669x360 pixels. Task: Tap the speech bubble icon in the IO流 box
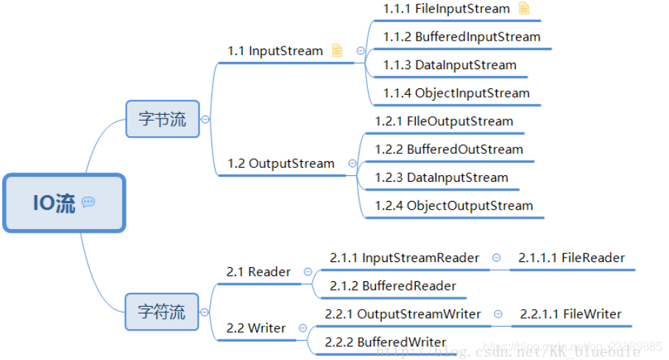(88, 202)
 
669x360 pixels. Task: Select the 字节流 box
(163, 119)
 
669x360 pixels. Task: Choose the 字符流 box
(162, 311)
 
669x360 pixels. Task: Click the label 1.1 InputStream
(275, 51)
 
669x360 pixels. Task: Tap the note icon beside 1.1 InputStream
(337, 51)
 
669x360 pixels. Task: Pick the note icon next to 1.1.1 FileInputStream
(523, 9)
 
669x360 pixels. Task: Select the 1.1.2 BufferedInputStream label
(461, 37)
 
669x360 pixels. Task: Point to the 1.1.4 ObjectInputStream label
(456, 93)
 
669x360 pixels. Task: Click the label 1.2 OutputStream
(281, 163)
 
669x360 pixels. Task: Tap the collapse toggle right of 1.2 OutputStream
(353, 163)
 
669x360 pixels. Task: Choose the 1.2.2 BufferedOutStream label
(449, 149)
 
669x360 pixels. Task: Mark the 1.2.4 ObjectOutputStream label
(453, 206)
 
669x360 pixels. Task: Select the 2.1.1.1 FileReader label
(571, 258)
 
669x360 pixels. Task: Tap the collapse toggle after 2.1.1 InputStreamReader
(497, 258)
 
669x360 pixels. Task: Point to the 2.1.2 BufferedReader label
(393, 286)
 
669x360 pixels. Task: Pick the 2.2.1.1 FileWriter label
(570, 314)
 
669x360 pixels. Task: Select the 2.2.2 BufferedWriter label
(386, 342)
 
